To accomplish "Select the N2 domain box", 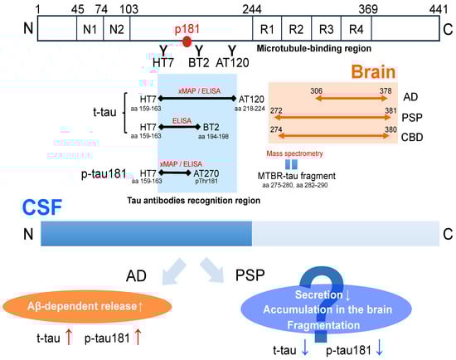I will [117, 29].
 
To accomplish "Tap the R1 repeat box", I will [269, 29].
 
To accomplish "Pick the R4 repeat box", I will [356, 29].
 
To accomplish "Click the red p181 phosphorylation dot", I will [187, 41].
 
